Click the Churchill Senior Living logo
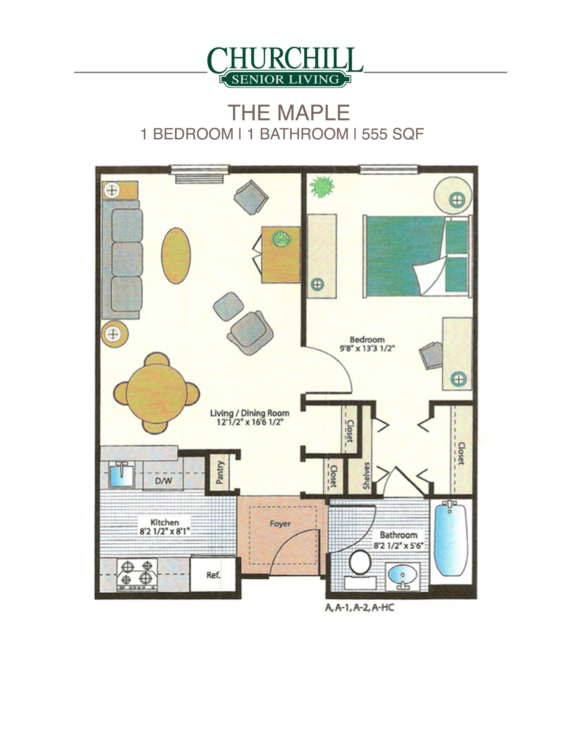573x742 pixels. click(x=285, y=67)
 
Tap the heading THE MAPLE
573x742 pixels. click(x=289, y=112)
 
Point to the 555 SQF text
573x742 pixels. click(x=393, y=134)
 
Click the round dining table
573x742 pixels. click(x=156, y=393)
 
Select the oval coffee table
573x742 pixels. click(x=176, y=255)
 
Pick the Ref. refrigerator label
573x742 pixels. click(x=213, y=575)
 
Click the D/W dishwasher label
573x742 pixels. click(x=163, y=481)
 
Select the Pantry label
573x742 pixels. click(x=220, y=472)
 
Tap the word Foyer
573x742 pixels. click(x=280, y=523)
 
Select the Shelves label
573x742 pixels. click(x=366, y=475)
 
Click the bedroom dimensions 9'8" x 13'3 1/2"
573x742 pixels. click(x=367, y=348)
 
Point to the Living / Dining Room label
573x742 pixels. click(x=249, y=413)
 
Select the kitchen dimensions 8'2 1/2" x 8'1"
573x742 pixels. click(x=164, y=531)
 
